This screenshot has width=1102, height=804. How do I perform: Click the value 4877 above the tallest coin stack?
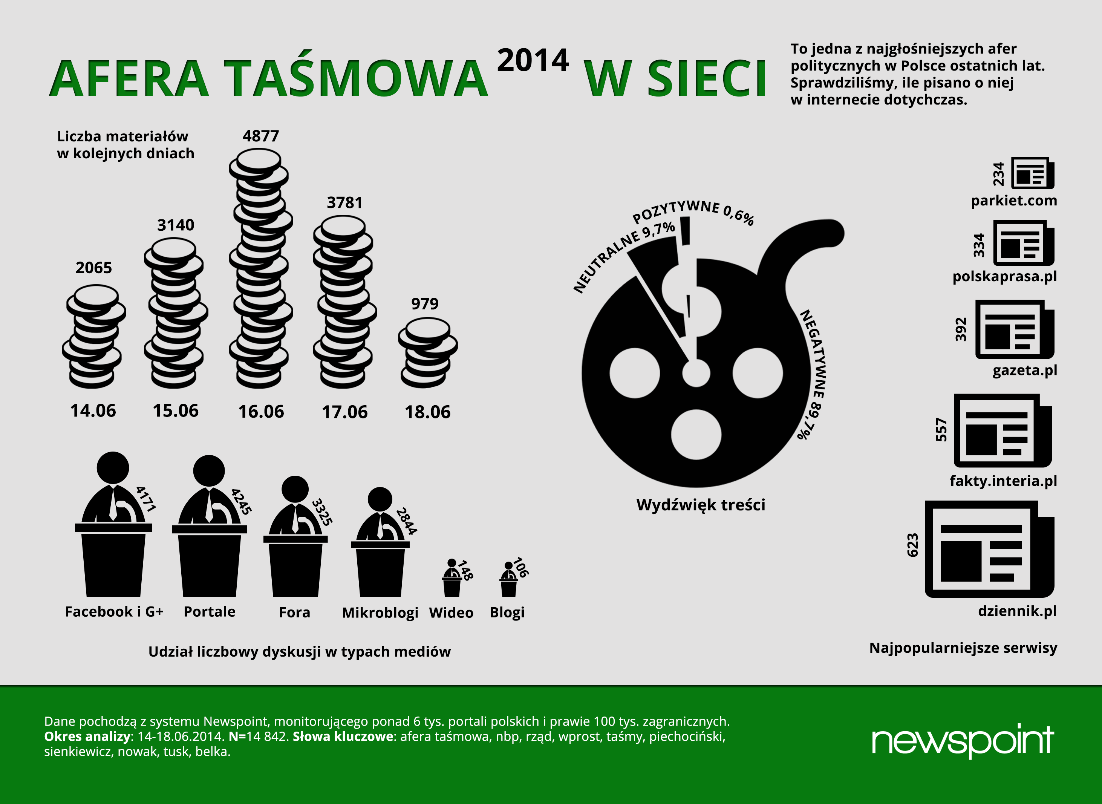click(261, 136)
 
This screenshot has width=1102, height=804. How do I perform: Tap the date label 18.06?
click(428, 412)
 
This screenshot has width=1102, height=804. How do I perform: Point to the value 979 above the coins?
click(425, 304)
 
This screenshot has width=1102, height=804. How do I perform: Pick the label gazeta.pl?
click(1025, 371)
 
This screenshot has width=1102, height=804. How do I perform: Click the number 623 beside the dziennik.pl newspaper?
click(913, 545)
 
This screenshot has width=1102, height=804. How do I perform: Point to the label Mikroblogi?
click(380, 613)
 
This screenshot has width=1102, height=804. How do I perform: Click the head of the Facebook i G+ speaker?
click(113, 468)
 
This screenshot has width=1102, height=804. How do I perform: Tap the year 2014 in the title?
click(533, 60)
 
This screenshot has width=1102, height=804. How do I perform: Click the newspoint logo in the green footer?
click(963, 741)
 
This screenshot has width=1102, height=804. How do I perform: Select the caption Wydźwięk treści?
click(701, 505)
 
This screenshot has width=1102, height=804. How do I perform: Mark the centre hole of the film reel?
click(696, 373)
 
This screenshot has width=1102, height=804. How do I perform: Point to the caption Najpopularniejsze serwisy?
click(963, 649)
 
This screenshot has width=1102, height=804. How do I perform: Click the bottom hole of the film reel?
click(696, 434)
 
